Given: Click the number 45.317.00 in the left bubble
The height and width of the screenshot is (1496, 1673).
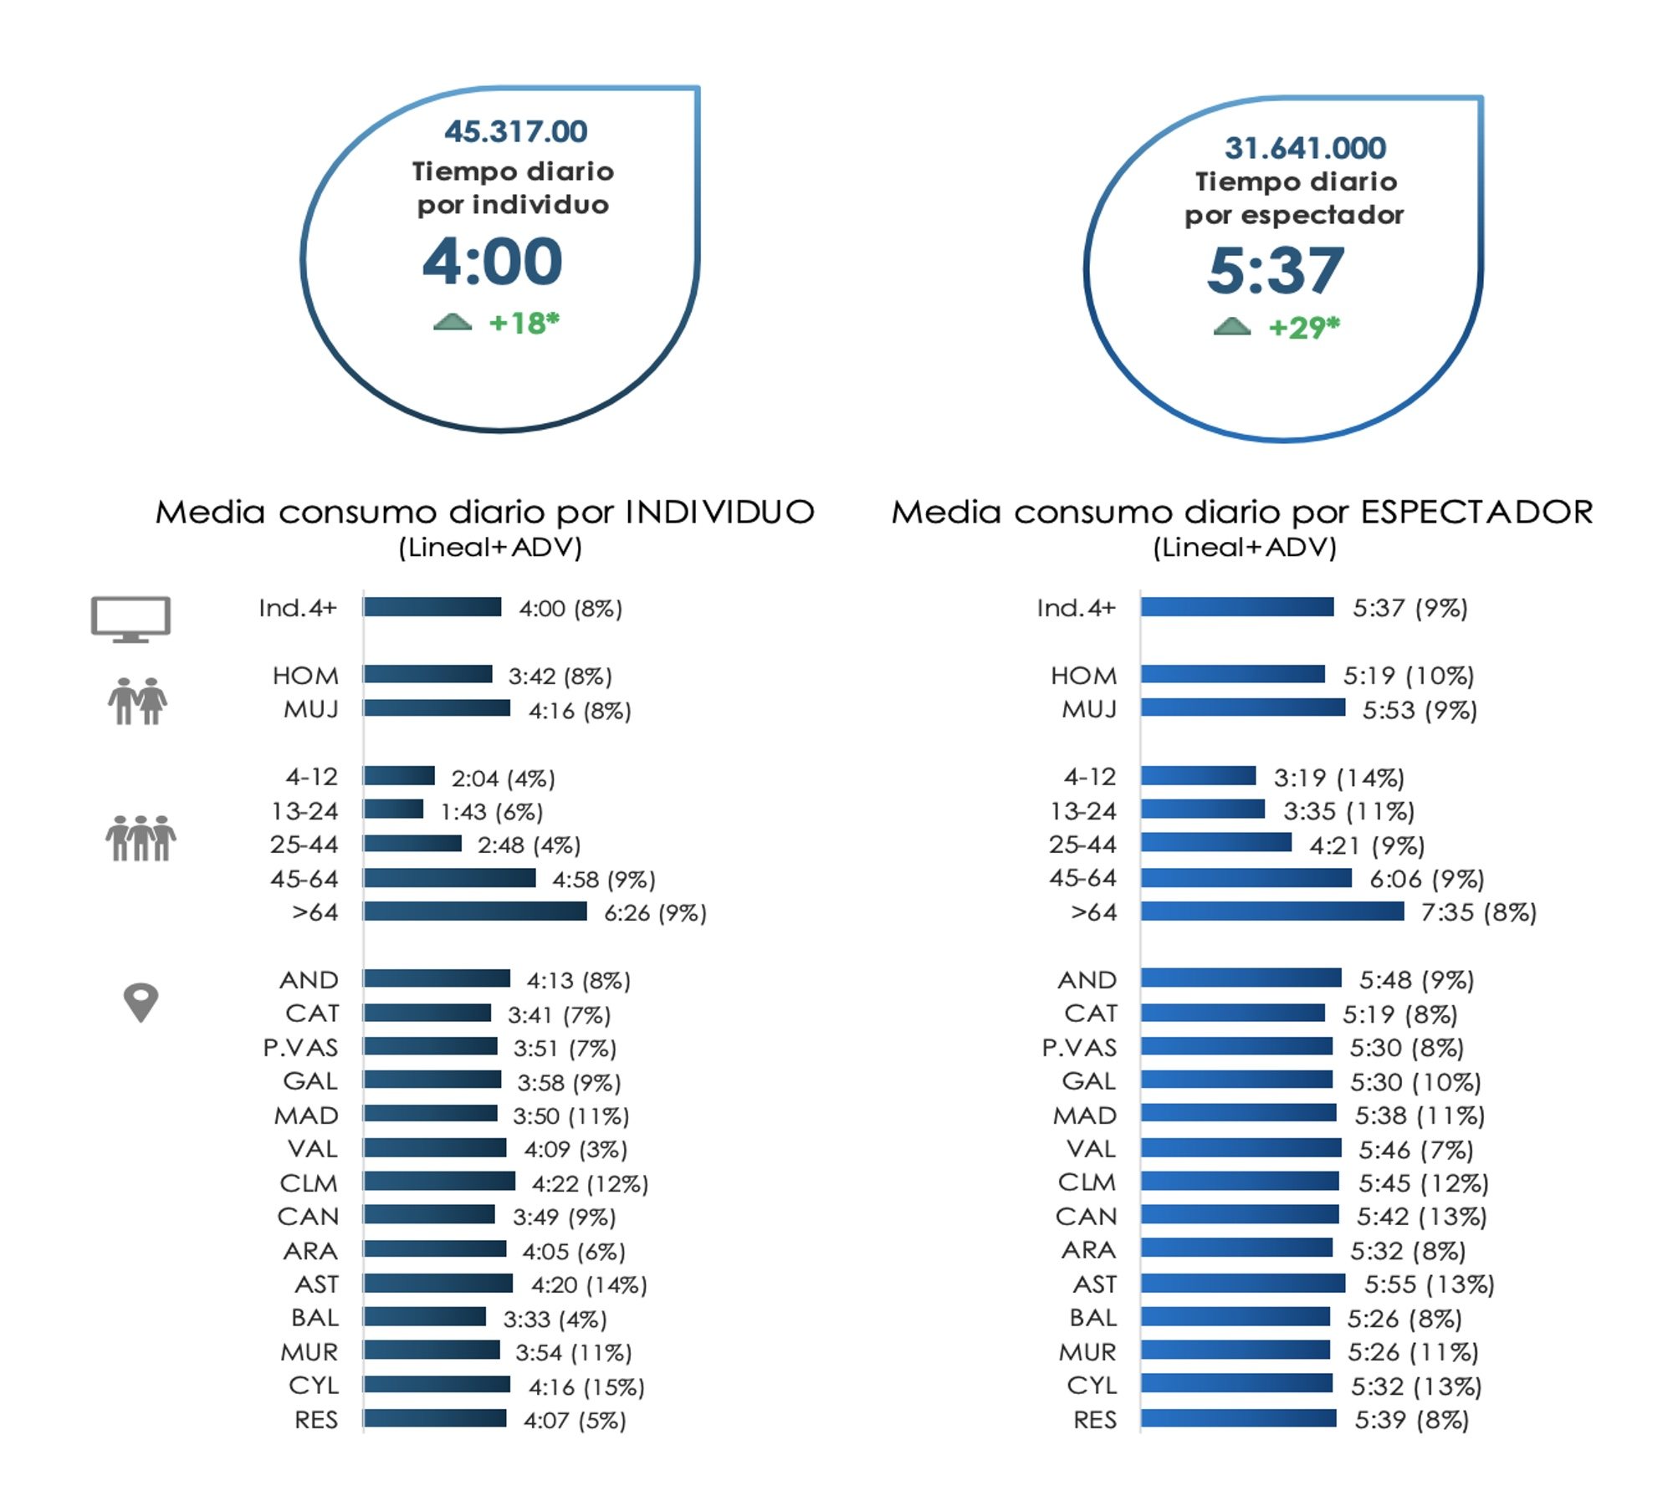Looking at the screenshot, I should point(515,131).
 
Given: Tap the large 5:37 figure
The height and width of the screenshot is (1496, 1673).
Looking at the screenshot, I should point(1275,270).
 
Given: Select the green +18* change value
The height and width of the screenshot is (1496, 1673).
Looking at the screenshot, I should point(524,323).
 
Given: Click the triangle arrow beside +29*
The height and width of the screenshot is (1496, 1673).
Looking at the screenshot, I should point(1231,326).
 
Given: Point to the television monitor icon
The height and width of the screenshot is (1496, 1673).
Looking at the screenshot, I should point(130,619).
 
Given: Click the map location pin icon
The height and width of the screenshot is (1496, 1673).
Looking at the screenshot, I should point(141,1001).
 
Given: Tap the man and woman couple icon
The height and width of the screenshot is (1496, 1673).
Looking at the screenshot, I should point(137,701).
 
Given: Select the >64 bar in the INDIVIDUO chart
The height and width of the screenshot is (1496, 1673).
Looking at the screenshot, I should point(475,911).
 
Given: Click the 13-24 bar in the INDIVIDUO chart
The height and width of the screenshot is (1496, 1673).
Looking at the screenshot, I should point(393,809).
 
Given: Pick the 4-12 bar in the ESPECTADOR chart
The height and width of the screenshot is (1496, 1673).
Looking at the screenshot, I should point(1198,776).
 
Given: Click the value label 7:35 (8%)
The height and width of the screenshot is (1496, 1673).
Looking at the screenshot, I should point(1478,912).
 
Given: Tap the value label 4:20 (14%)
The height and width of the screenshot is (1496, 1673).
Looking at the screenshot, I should point(589,1284).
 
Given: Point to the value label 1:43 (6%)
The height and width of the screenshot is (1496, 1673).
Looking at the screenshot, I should point(492,811).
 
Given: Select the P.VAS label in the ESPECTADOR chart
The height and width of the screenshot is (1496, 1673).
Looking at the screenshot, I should point(1079,1048).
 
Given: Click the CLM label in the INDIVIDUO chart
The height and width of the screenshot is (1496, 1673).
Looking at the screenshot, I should point(309,1183).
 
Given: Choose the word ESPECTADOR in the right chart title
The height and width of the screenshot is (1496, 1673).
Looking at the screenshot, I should point(1476,512).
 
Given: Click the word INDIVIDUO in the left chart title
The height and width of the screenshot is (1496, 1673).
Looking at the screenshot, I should point(720,512).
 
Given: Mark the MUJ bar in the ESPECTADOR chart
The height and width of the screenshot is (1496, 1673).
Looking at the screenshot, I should point(1243,708).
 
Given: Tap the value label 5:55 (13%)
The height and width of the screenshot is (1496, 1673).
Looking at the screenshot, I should point(1429,1284).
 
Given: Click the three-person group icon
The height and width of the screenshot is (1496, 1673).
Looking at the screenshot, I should point(141,838).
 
